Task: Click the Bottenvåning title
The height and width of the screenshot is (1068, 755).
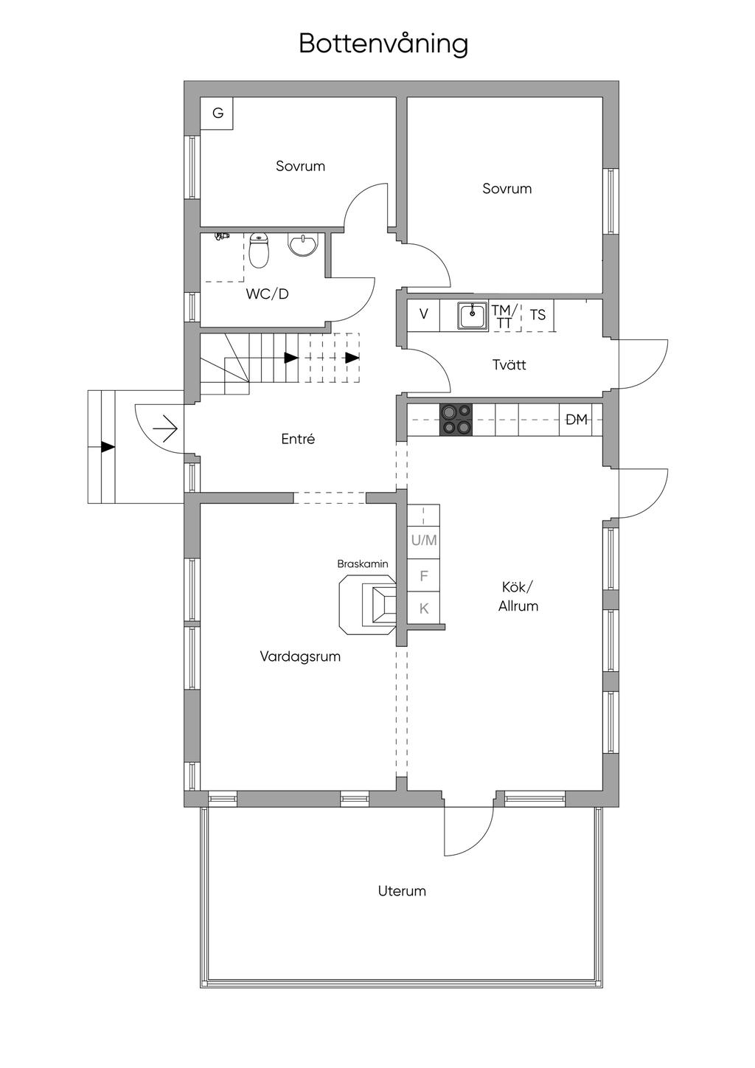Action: coord(383,44)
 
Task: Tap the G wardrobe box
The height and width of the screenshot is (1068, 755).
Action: coord(217,113)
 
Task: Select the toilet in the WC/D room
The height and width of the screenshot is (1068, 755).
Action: coord(260,250)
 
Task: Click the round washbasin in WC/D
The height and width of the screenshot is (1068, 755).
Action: coord(303,245)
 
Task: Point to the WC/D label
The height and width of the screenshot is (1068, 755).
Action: coord(268,294)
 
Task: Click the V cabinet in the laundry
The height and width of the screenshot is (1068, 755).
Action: coord(424,315)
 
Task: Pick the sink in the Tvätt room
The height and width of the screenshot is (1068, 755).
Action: coord(473,315)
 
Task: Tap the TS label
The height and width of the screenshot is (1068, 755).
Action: coord(537,315)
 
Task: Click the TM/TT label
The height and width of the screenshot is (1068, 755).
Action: coord(504,316)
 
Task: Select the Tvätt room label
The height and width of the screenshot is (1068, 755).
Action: coord(509,365)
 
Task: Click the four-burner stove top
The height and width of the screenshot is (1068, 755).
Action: coord(456,420)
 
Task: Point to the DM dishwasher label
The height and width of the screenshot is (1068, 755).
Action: coord(577,420)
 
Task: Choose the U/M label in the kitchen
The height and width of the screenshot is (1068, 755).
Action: coord(424,540)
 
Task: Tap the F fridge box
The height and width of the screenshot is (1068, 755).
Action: coord(424,576)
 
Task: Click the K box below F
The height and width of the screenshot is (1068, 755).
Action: coord(424,608)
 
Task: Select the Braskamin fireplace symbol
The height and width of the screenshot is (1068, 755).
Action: coord(367,605)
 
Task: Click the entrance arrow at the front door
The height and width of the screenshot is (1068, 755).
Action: coord(165,429)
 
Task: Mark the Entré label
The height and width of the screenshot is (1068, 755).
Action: coord(298,439)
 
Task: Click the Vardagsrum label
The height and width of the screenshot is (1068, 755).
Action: coord(300,656)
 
